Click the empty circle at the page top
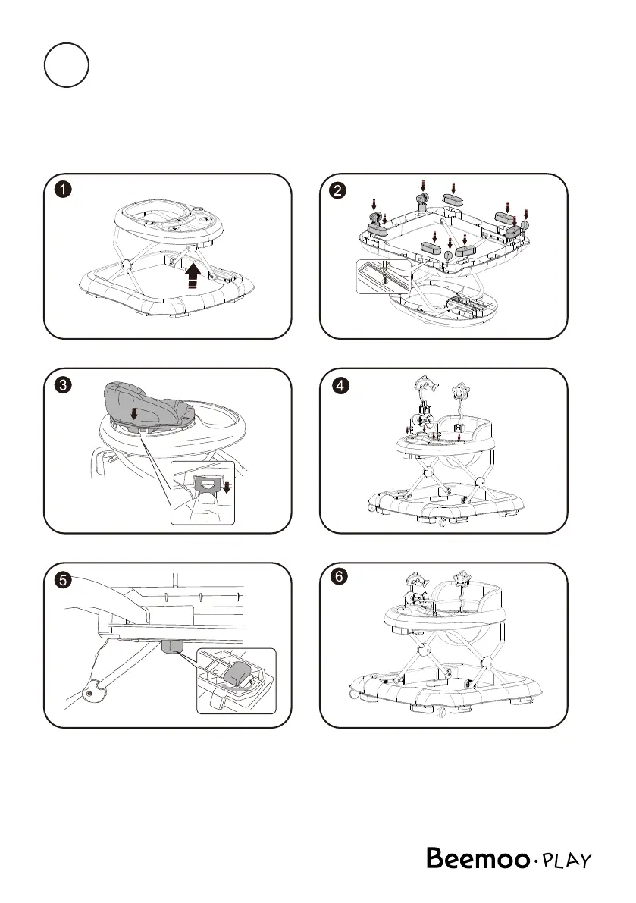coord(67,67)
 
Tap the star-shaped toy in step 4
coord(460,393)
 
